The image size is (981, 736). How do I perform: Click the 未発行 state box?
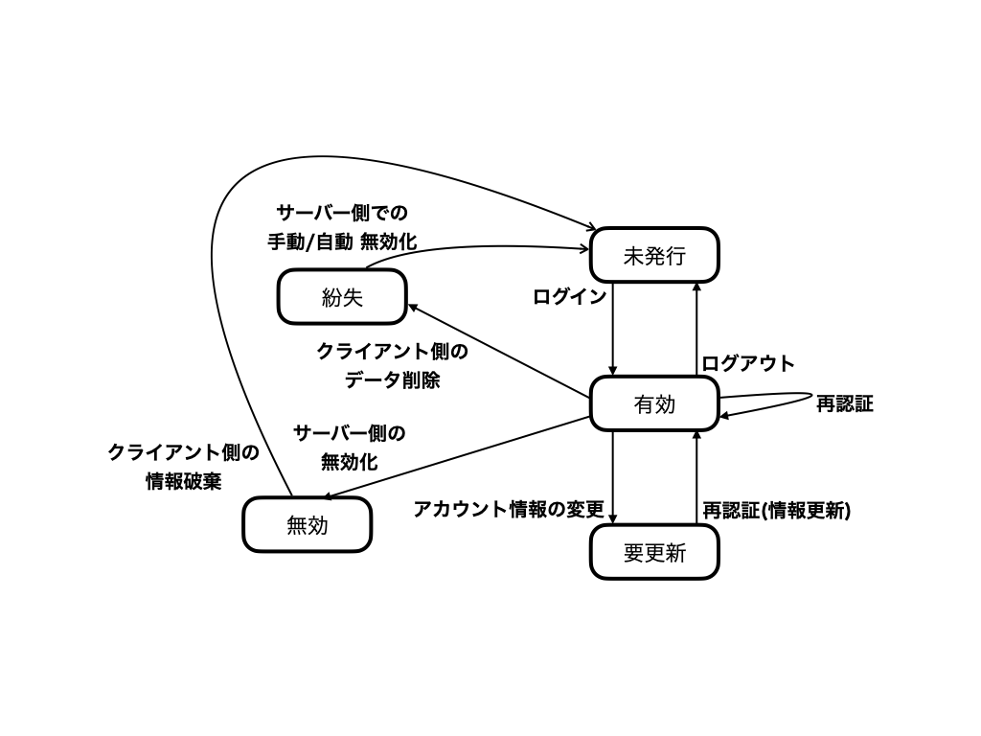pos(654,255)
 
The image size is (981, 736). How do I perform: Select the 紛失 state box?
pos(342,297)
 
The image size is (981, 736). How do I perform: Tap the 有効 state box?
pos(654,403)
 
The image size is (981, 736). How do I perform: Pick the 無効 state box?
pos(308,524)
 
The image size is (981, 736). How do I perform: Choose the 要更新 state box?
pos(654,552)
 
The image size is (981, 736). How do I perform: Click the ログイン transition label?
pos(569,297)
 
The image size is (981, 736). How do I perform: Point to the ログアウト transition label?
pos(747,363)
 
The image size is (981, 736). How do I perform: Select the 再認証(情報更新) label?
pos(776,511)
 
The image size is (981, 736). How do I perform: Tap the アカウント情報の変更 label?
pos(509,510)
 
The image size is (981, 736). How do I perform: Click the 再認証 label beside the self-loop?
pos(845,403)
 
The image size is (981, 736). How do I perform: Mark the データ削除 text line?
pos(392,379)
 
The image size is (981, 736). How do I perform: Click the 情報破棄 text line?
pos(183,481)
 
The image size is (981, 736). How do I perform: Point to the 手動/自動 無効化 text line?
pos(342,241)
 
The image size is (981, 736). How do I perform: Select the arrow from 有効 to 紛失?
pos(499,351)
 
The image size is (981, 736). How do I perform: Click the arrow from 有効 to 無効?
pos(457,457)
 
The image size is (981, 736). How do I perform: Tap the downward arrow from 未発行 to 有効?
pos(612,330)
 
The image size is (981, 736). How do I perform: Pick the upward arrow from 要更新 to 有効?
pos(696,477)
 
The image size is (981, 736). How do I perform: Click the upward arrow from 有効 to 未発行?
pos(696,330)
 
